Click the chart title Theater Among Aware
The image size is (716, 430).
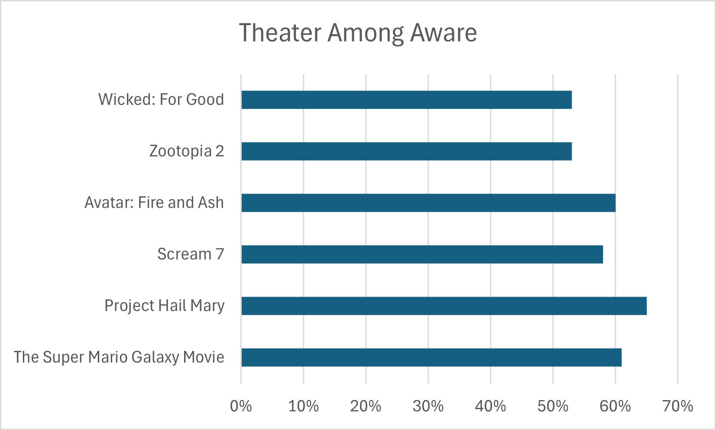pos(358,33)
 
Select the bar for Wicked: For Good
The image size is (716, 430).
pos(406,100)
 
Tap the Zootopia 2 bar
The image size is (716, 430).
pos(406,151)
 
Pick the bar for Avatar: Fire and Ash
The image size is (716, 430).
pos(428,203)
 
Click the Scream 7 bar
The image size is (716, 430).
pos(422,254)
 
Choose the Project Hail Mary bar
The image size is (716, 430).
pos(444,306)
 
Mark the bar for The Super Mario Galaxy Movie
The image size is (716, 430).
pos(431,357)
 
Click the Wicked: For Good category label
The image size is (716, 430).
pos(161,100)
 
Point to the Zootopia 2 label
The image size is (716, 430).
pos(187,151)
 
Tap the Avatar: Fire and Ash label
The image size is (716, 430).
pos(154,203)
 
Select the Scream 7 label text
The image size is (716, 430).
pos(191,254)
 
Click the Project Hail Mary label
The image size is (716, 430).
pos(165,306)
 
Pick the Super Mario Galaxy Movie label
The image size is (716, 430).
pos(119,357)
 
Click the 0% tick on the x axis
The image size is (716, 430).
pos(241,406)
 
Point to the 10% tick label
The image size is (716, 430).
pos(303,406)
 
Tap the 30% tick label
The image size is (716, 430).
pos(428,406)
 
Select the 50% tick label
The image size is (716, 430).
pos(553,406)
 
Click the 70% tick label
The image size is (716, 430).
pos(677,406)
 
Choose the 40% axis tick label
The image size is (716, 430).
pos(490,406)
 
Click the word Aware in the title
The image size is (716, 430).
pos(444,33)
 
